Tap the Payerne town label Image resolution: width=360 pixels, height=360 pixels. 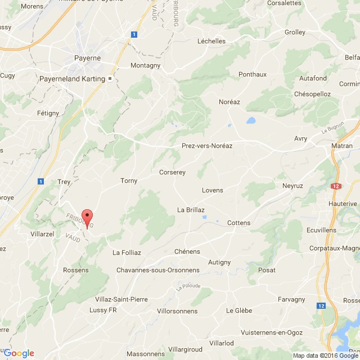88,57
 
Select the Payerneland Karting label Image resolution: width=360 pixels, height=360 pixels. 72,79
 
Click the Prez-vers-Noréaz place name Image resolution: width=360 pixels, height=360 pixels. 207,146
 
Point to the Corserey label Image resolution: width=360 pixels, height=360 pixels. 172,173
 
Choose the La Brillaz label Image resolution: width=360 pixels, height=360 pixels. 191,209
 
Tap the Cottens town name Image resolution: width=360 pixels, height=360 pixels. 238,223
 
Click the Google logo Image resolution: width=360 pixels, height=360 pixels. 20,353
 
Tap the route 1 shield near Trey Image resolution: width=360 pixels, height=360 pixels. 41,181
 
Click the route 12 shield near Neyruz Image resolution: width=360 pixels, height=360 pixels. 336,186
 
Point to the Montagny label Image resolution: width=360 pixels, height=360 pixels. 145,65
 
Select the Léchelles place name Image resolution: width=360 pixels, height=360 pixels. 211,41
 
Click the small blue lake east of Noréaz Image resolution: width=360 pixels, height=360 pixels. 251,120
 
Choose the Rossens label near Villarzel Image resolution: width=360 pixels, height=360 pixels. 76,270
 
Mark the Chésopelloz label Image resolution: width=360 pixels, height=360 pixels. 312,94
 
